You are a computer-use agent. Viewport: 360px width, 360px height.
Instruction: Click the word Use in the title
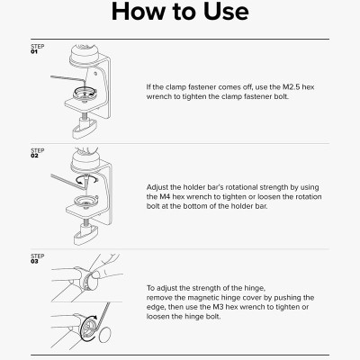coord(226,11)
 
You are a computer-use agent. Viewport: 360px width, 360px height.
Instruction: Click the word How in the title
coord(138,11)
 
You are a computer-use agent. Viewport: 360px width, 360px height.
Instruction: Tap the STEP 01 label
coord(38,49)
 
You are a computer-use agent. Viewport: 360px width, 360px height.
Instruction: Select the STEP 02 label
coord(38,153)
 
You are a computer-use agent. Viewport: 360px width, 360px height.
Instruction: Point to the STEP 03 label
coord(38,258)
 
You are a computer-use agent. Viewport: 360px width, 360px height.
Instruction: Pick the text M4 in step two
coord(163,197)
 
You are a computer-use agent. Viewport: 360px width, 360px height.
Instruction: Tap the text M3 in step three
coord(218,307)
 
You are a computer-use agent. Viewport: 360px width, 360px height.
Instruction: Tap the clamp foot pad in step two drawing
coord(86,236)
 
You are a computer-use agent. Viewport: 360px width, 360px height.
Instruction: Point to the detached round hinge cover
coord(105,335)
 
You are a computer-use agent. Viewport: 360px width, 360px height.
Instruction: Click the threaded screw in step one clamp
coord(85,113)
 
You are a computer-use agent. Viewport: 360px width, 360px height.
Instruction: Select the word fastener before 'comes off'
coord(202,87)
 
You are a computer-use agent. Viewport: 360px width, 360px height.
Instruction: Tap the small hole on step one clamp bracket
coord(95,73)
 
